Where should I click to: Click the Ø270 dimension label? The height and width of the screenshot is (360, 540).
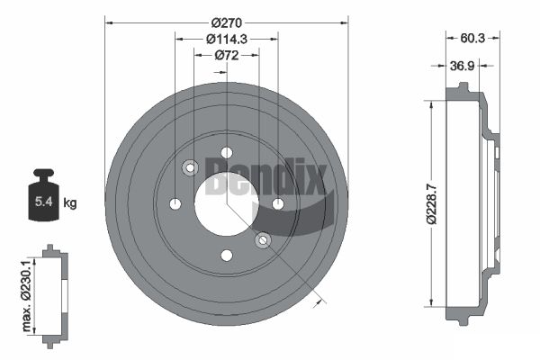(x=227, y=23)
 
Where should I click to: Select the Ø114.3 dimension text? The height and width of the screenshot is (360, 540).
(x=227, y=40)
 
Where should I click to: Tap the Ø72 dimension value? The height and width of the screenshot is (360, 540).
(x=227, y=55)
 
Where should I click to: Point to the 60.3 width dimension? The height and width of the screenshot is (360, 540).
(x=472, y=38)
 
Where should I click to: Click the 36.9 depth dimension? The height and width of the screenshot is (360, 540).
(x=463, y=66)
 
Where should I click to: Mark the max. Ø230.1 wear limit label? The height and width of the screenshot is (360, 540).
(x=27, y=296)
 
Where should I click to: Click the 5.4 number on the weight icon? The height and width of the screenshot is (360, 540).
(x=43, y=202)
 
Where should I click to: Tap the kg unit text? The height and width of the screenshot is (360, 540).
(x=70, y=202)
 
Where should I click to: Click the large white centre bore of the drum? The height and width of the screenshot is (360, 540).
(x=226, y=204)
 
